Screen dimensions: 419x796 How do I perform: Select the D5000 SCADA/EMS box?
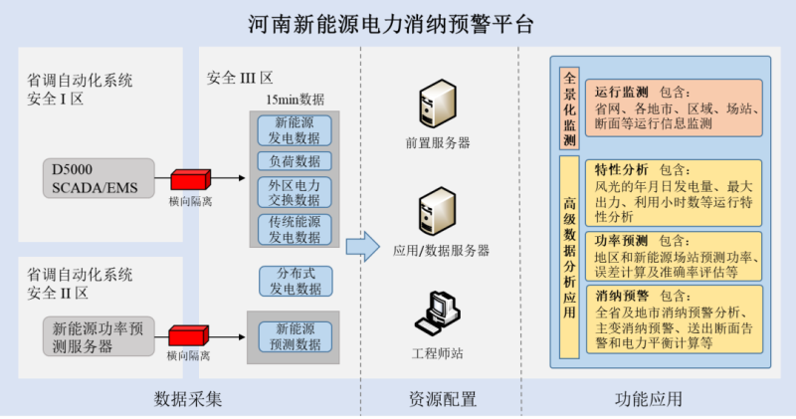click(97, 180)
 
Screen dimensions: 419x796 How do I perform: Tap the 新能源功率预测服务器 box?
click(97, 336)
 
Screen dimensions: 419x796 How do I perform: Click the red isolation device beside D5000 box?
click(188, 180)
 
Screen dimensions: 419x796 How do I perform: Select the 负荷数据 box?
click(295, 160)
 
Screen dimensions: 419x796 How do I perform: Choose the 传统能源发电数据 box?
click(295, 229)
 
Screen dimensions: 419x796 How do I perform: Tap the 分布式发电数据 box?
click(295, 281)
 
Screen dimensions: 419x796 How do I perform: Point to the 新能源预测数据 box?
click(295, 335)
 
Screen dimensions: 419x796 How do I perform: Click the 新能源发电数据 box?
click(295, 129)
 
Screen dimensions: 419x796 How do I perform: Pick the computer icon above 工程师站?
click(437, 314)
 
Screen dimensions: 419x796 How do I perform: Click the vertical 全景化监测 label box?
click(569, 108)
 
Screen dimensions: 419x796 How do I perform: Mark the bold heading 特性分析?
click(621, 169)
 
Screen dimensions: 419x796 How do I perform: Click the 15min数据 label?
click(294, 100)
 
